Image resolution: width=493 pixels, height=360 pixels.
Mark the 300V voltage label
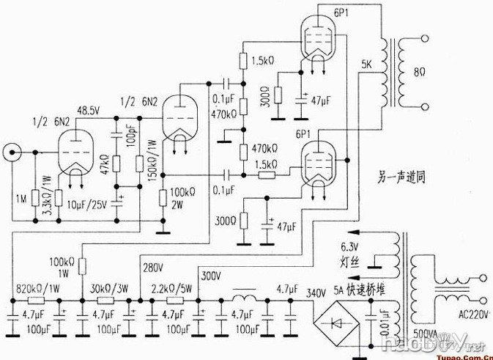[212, 276]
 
